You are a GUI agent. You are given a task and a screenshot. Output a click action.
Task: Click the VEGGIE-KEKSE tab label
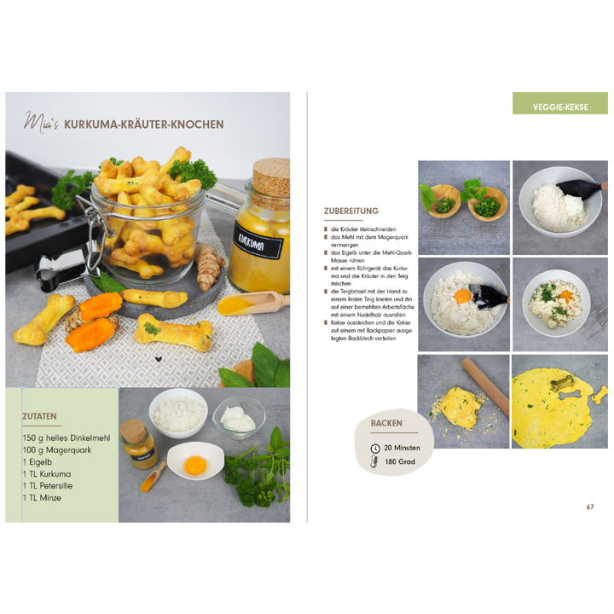tap(560, 107)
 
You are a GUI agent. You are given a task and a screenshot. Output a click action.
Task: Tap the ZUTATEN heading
tap(40, 417)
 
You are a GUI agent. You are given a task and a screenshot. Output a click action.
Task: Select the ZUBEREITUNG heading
tap(350, 211)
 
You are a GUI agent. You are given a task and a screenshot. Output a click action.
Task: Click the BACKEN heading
tap(386, 423)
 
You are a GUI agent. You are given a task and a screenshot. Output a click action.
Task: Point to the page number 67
tap(590, 507)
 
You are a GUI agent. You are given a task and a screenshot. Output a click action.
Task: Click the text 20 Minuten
tap(402, 448)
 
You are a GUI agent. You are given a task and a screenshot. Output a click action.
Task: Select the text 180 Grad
tap(398, 462)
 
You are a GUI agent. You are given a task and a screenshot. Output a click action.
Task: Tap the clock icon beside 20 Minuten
tap(375, 448)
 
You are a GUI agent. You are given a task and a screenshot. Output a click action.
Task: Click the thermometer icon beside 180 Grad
tap(375, 462)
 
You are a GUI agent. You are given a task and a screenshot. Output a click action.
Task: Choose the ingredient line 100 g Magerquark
tap(56, 449)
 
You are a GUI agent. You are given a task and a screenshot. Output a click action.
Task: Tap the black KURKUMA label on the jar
tap(258, 243)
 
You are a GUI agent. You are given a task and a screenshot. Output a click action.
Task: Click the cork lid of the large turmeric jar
tap(271, 175)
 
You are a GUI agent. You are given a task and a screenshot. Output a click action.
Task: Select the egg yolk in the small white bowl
tap(195, 465)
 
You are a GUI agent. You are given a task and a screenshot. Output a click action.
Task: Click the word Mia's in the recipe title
tap(41, 123)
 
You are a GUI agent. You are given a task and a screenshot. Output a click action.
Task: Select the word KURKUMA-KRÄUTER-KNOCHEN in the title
tap(144, 125)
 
